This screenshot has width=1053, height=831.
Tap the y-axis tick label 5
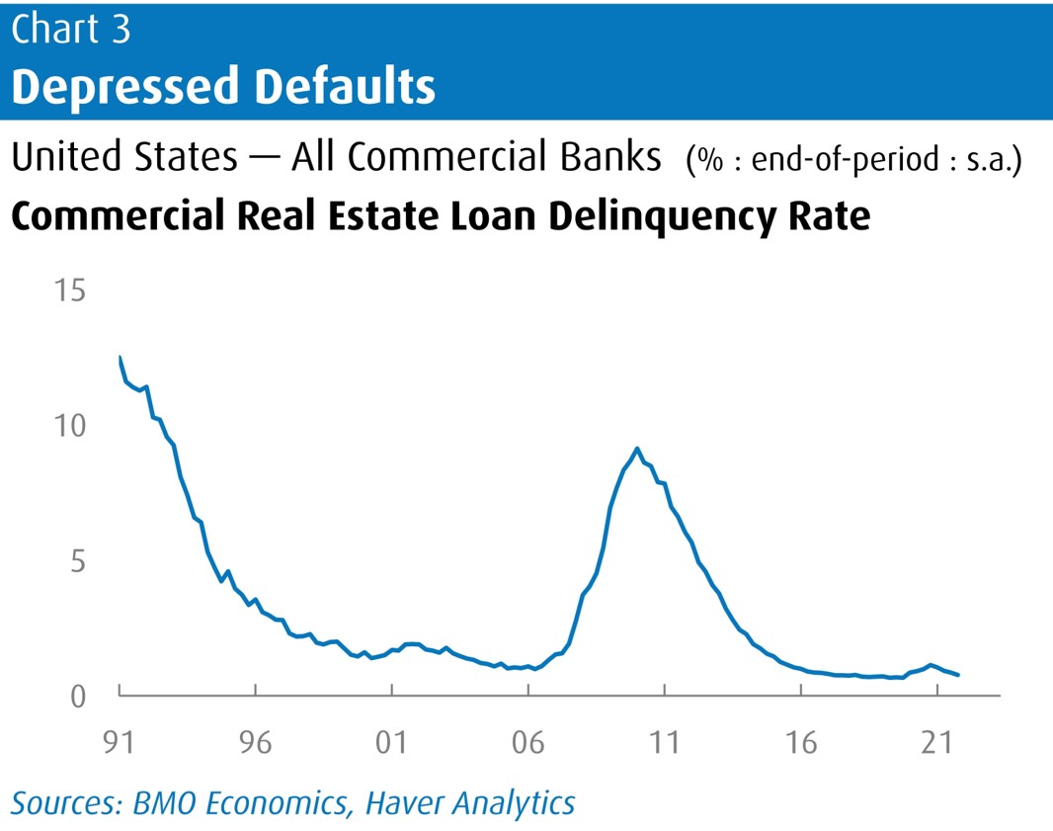(77, 561)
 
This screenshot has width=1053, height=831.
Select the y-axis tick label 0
(77, 696)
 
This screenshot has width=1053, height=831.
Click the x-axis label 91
(120, 741)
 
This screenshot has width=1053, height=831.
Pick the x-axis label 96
(255, 741)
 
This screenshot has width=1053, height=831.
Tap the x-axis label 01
(392, 741)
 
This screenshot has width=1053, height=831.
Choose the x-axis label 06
(528, 741)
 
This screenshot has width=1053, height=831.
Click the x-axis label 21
(937, 741)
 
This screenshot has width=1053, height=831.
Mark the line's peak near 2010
(637, 449)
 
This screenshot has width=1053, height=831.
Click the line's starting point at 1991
(120, 357)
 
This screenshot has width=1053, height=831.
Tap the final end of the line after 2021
(959, 675)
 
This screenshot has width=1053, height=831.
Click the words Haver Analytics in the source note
(470, 802)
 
